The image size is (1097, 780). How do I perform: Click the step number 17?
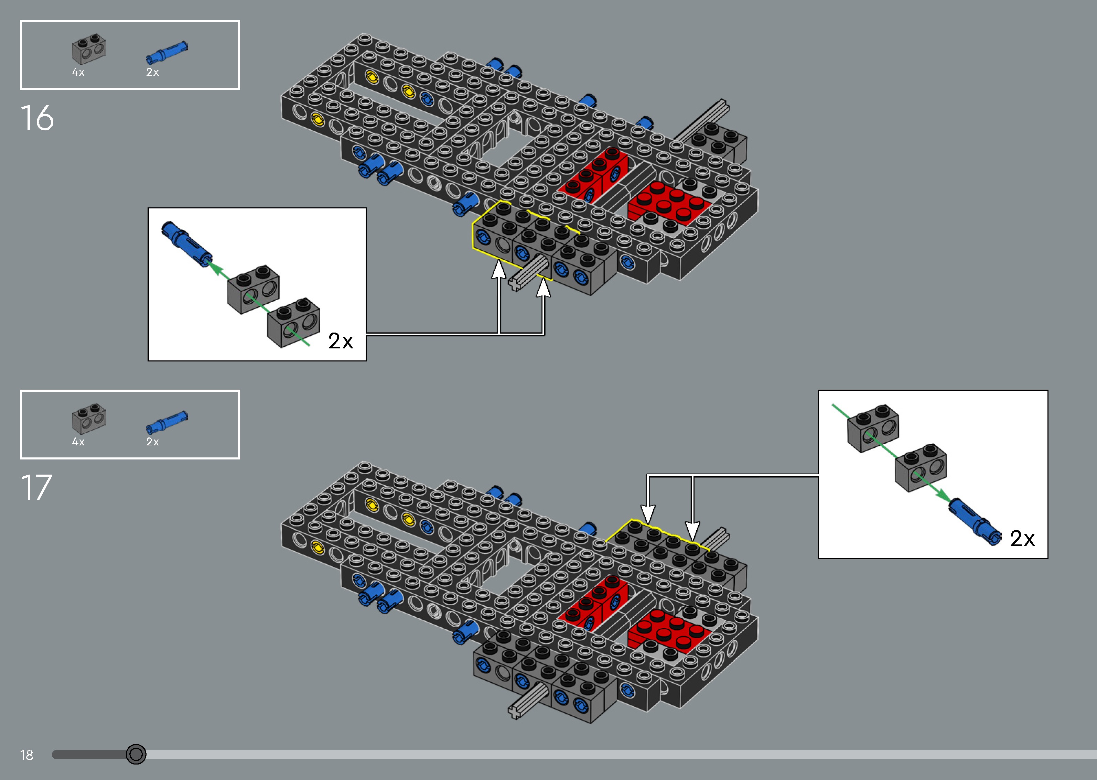point(36,488)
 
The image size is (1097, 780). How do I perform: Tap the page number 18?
point(27,755)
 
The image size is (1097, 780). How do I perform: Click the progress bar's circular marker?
point(136,754)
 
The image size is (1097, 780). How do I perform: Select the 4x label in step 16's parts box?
point(78,73)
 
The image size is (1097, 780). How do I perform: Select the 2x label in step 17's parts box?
point(153,442)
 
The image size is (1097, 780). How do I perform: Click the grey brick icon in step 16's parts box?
point(89,49)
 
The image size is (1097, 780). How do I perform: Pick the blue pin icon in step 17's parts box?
point(167,422)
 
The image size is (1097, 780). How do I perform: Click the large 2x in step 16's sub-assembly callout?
point(341,341)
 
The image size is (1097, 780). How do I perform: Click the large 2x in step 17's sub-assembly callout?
point(1022,539)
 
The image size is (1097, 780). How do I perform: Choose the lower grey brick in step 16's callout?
point(293,322)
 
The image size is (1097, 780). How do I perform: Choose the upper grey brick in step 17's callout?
point(873,429)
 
